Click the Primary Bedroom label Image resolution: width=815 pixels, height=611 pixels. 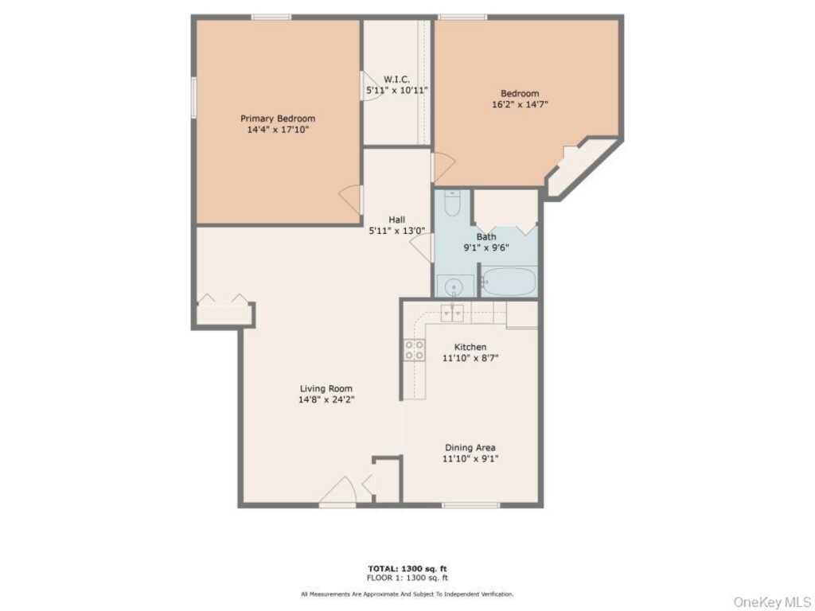(278, 119)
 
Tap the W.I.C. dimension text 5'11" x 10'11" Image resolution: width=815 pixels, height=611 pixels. (397, 91)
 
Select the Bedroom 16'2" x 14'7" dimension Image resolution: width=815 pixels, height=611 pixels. (520, 104)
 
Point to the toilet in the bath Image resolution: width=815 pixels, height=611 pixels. (452, 203)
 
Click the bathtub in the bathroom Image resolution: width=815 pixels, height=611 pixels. (509, 282)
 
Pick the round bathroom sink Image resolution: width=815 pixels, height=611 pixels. (454, 286)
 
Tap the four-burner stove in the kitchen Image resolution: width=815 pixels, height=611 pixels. (415, 350)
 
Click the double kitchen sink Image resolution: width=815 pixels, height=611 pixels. (452, 313)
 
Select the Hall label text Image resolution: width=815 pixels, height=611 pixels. (396, 220)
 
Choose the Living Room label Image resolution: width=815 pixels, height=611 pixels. (326, 388)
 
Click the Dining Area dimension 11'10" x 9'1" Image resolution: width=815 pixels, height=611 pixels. (470, 459)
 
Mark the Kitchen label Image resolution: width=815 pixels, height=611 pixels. (470, 347)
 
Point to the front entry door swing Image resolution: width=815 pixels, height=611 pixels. (337, 490)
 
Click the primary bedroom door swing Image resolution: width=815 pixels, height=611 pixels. (350, 200)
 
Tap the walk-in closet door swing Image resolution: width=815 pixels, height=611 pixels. (372, 86)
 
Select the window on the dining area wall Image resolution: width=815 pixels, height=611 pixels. (471, 505)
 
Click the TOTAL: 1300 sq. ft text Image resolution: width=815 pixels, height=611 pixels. (407, 569)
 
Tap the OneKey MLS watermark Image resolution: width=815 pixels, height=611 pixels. (771, 601)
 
